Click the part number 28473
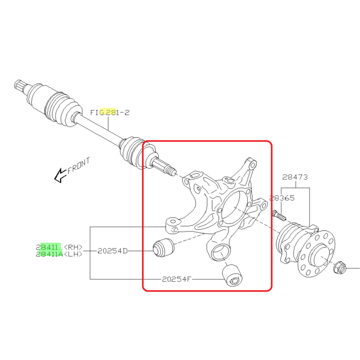coord(295,177)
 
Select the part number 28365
coord(282,198)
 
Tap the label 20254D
coord(113,251)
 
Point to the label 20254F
coord(176,279)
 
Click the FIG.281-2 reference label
coord(110,113)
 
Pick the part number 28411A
coord(49,254)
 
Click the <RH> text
coord(73,247)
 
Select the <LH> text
coord(73,254)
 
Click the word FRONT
coord(79,166)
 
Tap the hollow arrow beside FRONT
coord(60,176)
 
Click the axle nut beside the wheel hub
coord(339,268)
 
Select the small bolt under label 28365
coord(279,215)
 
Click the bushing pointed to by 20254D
coord(164,247)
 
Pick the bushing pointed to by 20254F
coord(233,276)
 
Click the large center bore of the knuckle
coord(233,207)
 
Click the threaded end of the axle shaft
coord(171,171)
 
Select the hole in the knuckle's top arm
coord(253,165)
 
